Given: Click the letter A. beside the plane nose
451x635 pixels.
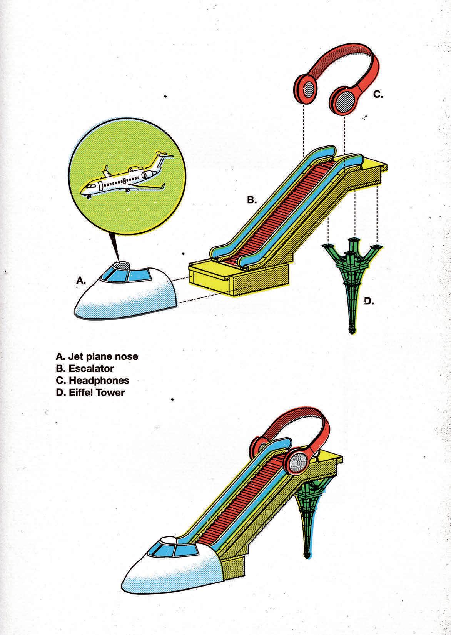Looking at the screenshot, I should pyautogui.click(x=80, y=281).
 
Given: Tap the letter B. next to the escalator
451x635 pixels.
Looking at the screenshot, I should pyautogui.click(x=252, y=200).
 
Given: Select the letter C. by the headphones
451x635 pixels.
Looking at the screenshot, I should pyautogui.click(x=378, y=94).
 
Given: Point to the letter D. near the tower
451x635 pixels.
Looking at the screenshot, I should pyautogui.click(x=369, y=301).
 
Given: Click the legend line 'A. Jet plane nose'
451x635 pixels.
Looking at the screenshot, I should pyautogui.click(x=97, y=356).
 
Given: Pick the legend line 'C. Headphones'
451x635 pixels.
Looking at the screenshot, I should pyautogui.click(x=92, y=381).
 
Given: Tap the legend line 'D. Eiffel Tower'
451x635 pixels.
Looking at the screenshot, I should pyautogui.click(x=90, y=393).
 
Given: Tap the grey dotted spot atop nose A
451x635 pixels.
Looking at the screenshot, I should pyautogui.click(x=123, y=266).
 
